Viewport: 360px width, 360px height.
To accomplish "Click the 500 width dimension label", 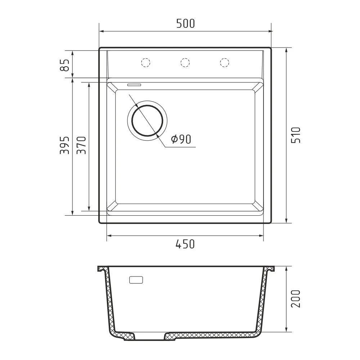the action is point(185,23).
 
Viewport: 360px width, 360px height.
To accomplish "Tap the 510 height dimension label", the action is point(296,135).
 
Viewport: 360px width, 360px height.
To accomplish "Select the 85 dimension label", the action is point(64,65).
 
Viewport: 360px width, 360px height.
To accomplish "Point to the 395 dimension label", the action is point(64,145).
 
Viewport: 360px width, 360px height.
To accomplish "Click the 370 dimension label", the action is point(81,145).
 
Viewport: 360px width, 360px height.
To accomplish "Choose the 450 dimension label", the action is point(185,244).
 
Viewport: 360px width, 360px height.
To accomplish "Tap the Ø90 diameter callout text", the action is point(181,139).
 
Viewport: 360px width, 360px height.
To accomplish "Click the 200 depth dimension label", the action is point(296,299).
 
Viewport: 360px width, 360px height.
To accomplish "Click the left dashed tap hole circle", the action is point(145,62).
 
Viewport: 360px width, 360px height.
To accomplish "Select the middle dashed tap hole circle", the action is point(185,62).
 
